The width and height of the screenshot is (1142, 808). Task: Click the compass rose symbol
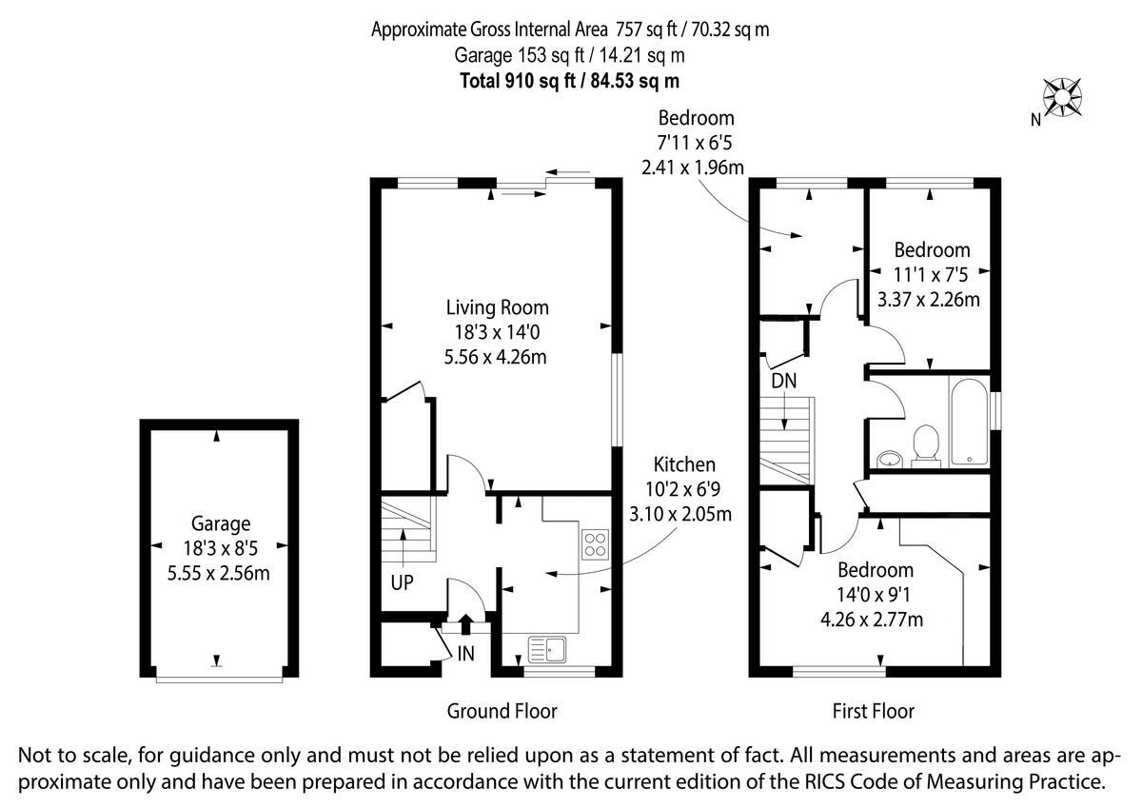coord(1063,97)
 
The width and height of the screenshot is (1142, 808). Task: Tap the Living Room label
coord(498,308)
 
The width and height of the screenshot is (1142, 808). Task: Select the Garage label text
coord(221,523)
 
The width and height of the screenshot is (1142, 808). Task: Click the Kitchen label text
coord(683,464)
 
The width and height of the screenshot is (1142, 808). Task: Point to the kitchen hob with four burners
coord(594,543)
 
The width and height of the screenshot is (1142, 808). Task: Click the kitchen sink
coord(547,649)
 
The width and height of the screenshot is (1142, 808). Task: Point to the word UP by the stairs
coord(402,583)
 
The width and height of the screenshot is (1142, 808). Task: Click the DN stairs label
coord(784,381)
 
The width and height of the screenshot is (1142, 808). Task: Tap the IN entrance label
coord(465,654)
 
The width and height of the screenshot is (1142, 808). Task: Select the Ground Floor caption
coord(502,711)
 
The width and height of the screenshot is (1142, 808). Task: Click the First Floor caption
coord(873,711)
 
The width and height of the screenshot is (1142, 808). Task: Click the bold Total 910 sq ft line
coord(570,80)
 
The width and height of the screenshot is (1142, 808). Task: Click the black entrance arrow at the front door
coord(465,624)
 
